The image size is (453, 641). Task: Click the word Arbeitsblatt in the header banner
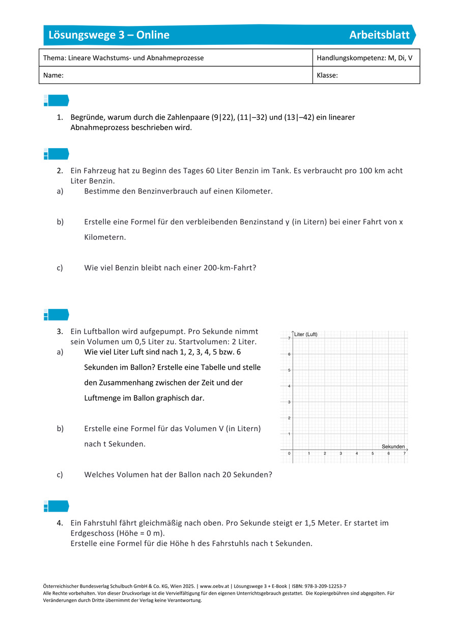pyautogui.click(x=379, y=35)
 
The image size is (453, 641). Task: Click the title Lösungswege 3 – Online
pyautogui.click(x=109, y=35)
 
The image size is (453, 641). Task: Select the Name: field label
pyautogui.click(x=53, y=75)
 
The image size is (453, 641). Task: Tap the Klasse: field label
pyautogui.click(x=327, y=75)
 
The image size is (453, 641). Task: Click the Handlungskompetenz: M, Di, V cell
pyautogui.click(x=364, y=58)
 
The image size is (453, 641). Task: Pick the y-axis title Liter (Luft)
pyautogui.click(x=306, y=335)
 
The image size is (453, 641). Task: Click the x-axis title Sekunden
pyautogui.click(x=393, y=447)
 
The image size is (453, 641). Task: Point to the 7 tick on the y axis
pyautogui.click(x=289, y=339)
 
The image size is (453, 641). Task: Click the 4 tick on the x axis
pyautogui.click(x=356, y=454)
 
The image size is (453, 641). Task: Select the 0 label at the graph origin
pyautogui.click(x=289, y=454)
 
